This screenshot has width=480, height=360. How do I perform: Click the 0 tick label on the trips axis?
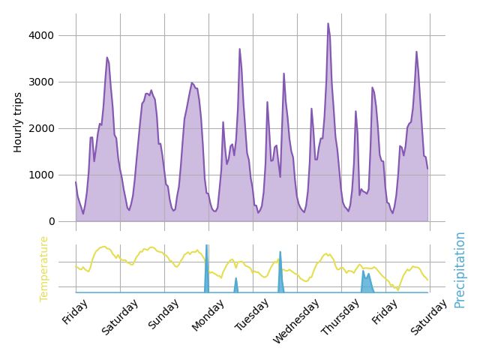[51, 221]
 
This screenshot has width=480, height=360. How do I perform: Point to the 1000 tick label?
[42, 175]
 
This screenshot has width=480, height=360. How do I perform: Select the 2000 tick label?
[42, 128]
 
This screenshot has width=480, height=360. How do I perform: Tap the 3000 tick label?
[42, 82]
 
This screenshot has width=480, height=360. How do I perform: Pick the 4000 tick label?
[42, 35]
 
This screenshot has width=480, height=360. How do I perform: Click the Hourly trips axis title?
[18, 122]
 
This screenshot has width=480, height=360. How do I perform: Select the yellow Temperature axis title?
[43, 268]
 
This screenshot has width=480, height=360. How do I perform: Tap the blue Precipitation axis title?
[460, 269]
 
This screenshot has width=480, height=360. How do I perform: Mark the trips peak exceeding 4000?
[328, 24]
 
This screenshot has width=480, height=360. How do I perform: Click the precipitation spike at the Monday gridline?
[206, 259]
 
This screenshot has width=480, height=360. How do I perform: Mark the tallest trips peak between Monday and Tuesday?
[240, 49]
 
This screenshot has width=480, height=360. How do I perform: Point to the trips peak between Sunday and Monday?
[192, 83]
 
